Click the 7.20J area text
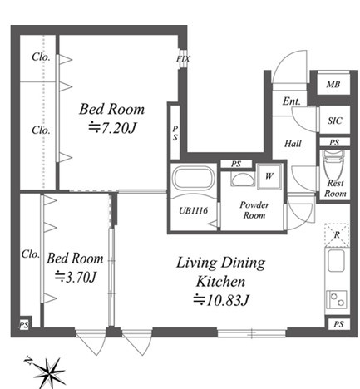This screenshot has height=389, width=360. (x=112, y=128)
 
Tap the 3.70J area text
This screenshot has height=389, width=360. (x=76, y=277)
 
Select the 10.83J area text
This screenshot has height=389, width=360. (x=221, y=299)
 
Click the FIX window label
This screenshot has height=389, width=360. (x=183, y=59)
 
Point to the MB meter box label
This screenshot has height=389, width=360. (x=333, y=84)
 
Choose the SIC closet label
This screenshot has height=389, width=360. (x=335, y=121)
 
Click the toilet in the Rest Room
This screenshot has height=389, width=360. (x=333, y=165)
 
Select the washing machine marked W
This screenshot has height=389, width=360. (x=269, y=176)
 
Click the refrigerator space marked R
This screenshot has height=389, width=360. (x=337, y=235)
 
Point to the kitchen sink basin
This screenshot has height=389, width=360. (x=336, y=261)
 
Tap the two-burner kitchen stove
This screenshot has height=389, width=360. (x=337, y=299)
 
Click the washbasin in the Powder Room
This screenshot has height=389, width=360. (x=243, y=180)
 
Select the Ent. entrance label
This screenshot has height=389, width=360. (x=292, y=101)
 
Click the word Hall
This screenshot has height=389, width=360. (x=293, y=144)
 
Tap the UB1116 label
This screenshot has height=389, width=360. (x=193, y=210)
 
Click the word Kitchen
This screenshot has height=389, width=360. (x=221, y=281)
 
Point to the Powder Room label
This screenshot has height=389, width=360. (x=254, y=210)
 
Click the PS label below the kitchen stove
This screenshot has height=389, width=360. (x=338, y=324)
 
